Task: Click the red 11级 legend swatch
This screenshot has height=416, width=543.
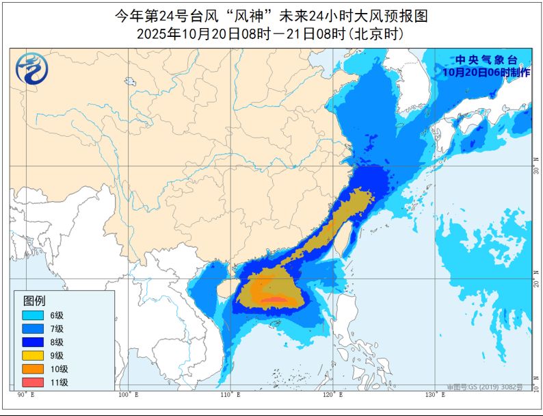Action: [x=32, y=382]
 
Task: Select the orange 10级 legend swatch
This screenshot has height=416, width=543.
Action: [x=32, y=369]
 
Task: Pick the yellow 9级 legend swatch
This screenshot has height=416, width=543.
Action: [x=32, y=355]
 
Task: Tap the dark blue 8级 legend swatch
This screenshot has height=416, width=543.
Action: [x=32, y=342]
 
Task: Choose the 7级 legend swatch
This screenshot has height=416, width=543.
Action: [x=32, y=328]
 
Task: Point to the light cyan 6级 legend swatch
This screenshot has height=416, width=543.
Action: [x=32, y=315]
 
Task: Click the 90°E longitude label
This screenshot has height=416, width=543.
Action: [x=25, y=395]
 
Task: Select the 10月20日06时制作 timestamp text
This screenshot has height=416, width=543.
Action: [x=486, y=71]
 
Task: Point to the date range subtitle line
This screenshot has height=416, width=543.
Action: [x=271, y=33]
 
